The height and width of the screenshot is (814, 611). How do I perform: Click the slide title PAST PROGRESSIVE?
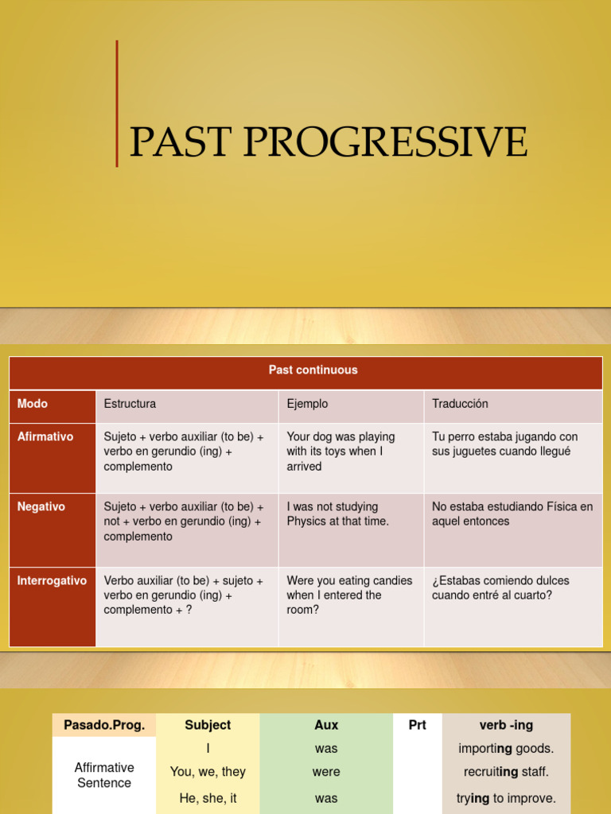(328, 141)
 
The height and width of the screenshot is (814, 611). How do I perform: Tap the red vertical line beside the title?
(117, 103)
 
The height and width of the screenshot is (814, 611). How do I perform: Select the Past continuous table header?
(313, 370)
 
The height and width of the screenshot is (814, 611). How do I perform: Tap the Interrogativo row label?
(52, 581)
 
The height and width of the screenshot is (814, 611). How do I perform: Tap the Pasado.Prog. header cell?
(104, 725)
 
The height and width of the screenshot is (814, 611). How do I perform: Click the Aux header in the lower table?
(326, 725)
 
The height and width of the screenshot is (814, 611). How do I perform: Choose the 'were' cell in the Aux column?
(326, 772)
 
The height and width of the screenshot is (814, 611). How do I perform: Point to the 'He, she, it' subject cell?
(208, 798)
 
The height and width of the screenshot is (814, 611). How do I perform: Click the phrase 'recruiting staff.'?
(506, 772)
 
